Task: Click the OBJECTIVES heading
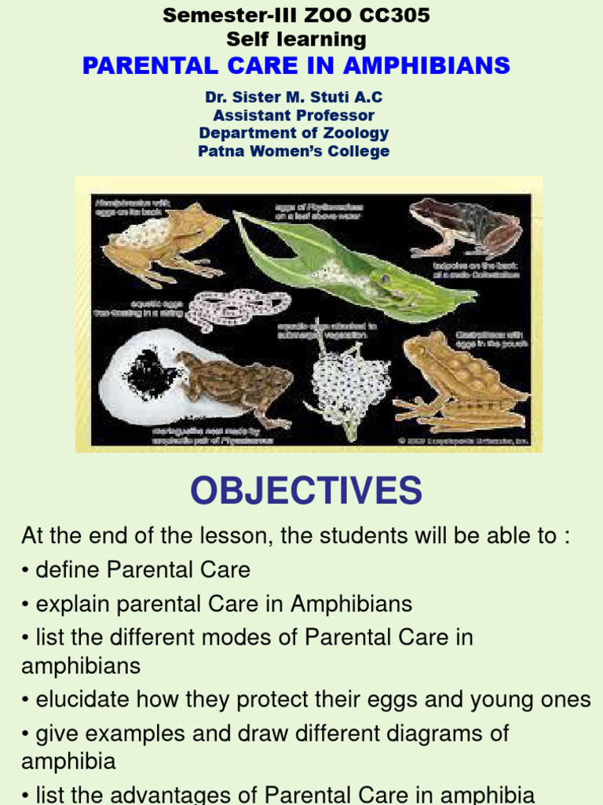(306, 491)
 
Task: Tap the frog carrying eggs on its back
(161, 240)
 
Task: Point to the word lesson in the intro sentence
(239, 536)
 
